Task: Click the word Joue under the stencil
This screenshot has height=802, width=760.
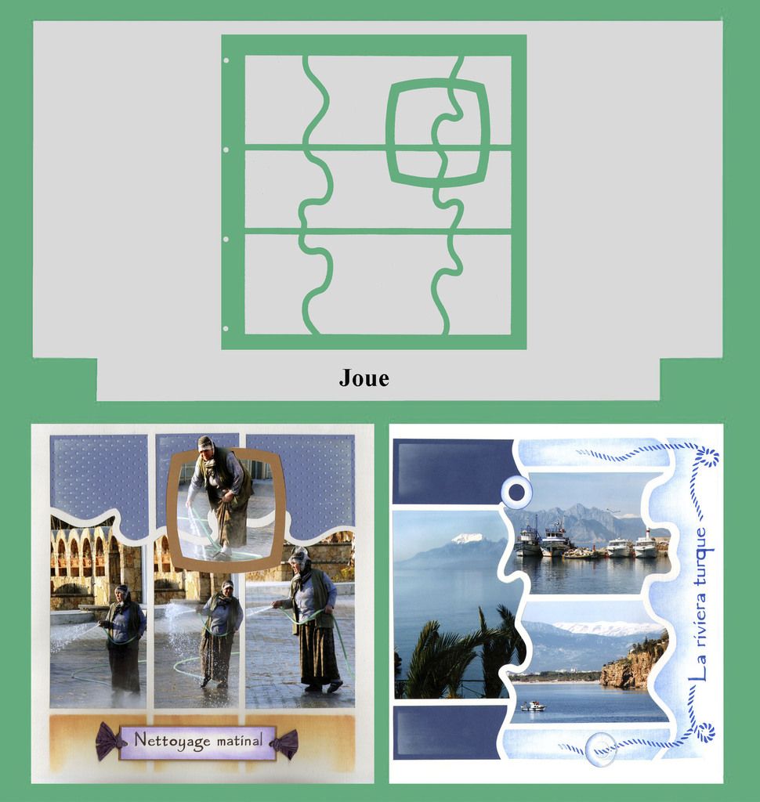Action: pyautogui.click(x=364, y=378)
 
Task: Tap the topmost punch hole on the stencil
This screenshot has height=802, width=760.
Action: pyautogui.click(x=226, y=61)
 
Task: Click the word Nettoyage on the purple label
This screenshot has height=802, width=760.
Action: pyautogui.click(x=172, y=741)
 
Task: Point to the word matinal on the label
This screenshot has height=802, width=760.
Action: pyautogui.click(x=240, y=740)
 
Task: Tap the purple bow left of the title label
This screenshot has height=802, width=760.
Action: pyautogui.click(x=109, y=741)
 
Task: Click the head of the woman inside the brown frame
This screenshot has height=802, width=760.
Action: pyautogui.click(x=206, y=443)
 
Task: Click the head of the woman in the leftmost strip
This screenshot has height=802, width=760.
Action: pyautogui.click(x=121, y=593)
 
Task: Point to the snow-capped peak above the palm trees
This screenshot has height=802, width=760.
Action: pyautogui.click(x=467, y=538)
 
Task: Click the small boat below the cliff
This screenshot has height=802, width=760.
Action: pyautogui.click(x=534, y=706)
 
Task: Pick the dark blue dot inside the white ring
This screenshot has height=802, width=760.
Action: pyautogui.click(x=517, y=493)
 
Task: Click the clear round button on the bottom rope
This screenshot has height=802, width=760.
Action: pyautogui.click(x=602, y=750)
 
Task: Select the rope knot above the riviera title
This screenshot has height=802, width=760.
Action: pyautogui.click(x=708, y=456)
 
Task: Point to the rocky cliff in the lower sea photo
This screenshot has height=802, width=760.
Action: pyautogui.click(x=635, y=662)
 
